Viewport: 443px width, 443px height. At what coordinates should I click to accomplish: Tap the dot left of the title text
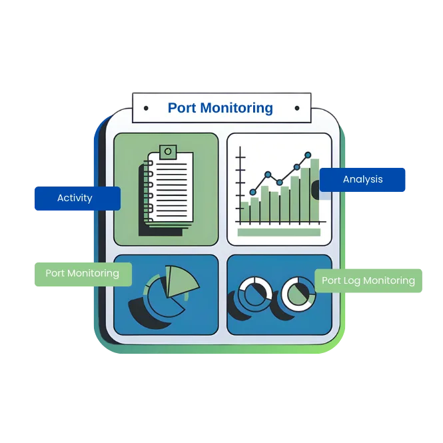coord(146,108)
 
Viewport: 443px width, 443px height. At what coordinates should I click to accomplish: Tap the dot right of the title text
coord(296,108)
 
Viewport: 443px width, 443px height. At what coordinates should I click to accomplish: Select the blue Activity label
coord(76,199)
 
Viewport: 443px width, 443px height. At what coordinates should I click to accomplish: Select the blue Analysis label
coord(362,179)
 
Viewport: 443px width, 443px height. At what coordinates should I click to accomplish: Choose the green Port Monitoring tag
coord(82,273)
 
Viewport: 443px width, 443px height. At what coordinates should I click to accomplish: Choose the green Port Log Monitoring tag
coord(368,280)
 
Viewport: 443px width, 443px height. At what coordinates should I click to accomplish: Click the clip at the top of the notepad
coord(168,152)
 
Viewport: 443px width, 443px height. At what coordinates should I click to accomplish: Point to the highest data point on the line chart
coord(308,155)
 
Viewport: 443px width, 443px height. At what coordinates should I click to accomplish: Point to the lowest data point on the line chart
coord(252,192)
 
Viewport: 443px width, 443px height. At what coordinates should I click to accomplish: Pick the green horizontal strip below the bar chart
coord(278,232)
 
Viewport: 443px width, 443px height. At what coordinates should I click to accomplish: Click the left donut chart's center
coord(254,292)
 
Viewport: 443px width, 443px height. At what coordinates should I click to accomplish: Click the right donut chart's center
coord(297,292)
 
